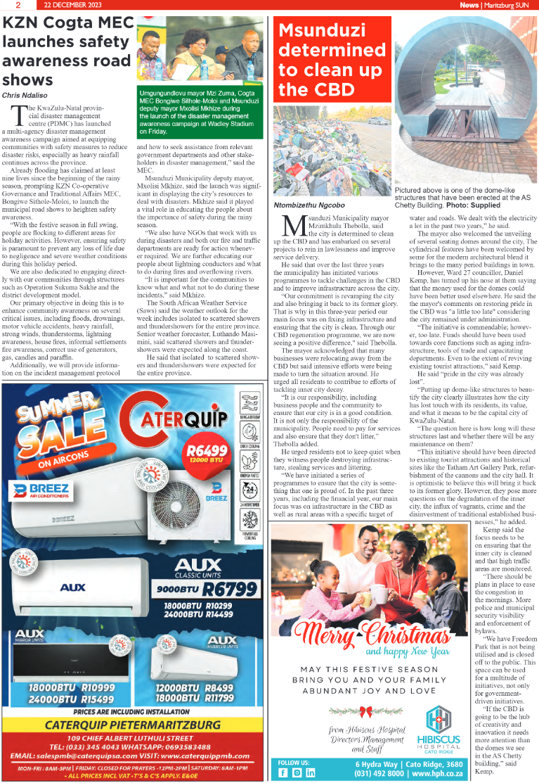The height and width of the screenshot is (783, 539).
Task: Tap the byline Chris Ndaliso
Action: [x=26, y=94]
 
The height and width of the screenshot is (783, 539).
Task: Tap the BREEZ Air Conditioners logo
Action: [x=41, y=490]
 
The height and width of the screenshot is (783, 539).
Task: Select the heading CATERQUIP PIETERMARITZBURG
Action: [x=132, y=725]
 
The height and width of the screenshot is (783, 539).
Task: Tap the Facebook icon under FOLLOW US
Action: [x=283, y=772]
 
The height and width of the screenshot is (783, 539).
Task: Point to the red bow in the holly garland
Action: [x=366, y=711]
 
